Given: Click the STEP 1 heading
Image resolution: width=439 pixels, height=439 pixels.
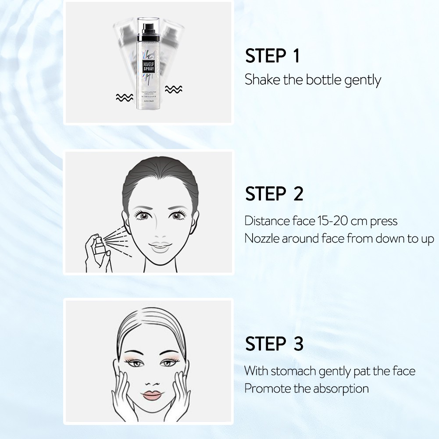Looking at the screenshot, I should (272, 56).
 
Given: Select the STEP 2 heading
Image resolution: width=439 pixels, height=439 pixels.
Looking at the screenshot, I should (274, 193).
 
